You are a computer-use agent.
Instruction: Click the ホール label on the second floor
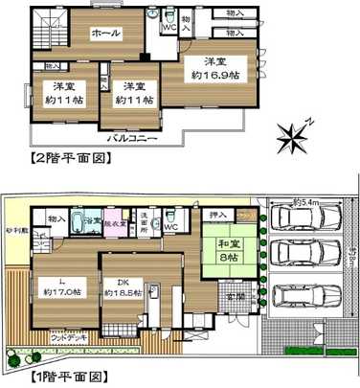[x=104, y=34]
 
